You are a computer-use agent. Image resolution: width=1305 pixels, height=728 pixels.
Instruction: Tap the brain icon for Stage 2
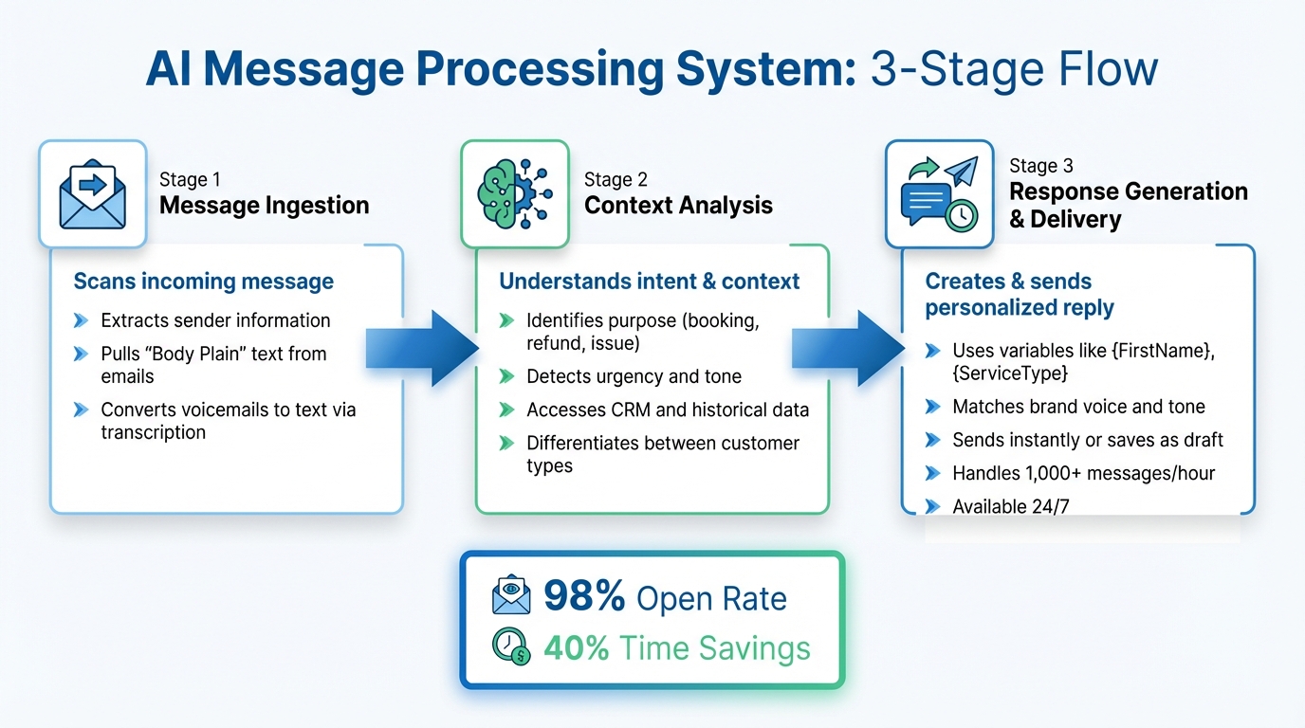point(515,194)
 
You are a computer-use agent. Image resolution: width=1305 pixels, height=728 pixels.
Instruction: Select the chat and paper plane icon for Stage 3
point(939,194)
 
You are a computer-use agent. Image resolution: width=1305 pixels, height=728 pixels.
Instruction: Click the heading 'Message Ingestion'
point(264,206)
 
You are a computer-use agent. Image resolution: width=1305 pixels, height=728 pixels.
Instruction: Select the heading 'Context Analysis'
point(678,206)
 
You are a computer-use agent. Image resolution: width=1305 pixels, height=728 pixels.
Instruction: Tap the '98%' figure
point(584,598)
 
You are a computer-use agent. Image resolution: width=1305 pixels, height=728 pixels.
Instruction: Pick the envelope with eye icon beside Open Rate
point(511,597)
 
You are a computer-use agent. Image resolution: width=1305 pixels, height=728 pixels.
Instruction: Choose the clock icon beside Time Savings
point(511,647)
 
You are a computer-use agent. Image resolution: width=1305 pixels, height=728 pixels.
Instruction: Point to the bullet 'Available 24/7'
point(1010,506)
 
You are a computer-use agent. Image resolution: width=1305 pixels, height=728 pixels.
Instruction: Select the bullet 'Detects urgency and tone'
point(634,376)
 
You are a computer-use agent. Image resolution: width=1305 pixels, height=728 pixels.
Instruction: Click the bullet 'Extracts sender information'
point(215,320)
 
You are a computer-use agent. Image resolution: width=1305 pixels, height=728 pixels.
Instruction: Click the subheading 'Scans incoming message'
point(204,282)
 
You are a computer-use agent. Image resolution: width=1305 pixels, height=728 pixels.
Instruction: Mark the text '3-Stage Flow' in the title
point(1014,71)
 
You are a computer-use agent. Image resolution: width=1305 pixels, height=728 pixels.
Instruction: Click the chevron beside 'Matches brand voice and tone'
point(932,407)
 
